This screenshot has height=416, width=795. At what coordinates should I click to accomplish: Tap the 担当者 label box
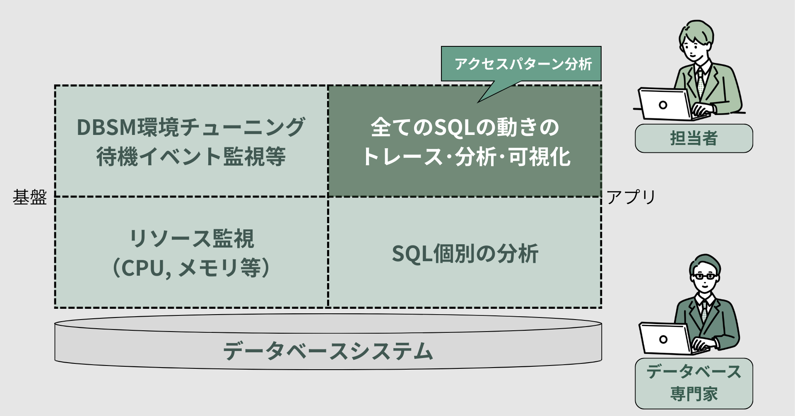click(x=694, y=138)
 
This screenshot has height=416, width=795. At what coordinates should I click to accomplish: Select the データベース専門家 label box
click(x=694, y=383)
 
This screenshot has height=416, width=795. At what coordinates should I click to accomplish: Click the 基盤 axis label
click(x=29, y=197)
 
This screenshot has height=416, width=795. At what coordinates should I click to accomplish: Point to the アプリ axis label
click(x=631, y=197)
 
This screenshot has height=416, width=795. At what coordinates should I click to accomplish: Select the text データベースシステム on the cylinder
click(x=328, y=351)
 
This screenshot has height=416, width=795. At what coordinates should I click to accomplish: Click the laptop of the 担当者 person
click(x=663, y=104)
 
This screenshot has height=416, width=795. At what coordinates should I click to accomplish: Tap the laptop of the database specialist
click(x=664, y=339)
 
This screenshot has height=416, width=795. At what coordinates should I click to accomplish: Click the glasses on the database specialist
click(x=704, y=277)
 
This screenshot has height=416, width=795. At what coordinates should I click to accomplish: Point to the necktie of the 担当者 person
click(x=700, y=83)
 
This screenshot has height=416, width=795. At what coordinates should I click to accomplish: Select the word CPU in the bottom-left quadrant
click(x=142, y=268)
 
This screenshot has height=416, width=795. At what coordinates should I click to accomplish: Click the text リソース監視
click(x=191, y=238)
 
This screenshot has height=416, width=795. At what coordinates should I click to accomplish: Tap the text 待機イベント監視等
click(x=191, y=157)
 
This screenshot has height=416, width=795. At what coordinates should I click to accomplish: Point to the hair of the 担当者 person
click(x=696, y=31)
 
